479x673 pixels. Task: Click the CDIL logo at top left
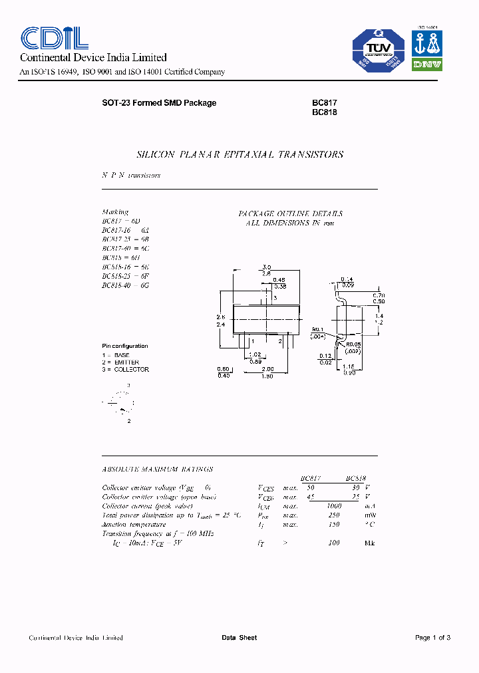[x=50, y=39]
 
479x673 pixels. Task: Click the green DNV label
[x=428, y=65]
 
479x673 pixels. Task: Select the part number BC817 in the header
[x=325, y=103]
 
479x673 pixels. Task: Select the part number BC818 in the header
[x=325, y=112]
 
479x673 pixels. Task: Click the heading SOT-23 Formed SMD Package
[x=159, y=103]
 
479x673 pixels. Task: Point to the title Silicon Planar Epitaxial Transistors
[x=239, y=154]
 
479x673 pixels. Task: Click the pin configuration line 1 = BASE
[x=116, y=355]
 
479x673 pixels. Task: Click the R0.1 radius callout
[x=317, y=329]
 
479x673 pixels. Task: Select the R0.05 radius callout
[x=353, y=344]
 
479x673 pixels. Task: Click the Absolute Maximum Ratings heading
[x=158, y=469]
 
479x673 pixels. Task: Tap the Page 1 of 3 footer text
[x=432, y=638]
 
